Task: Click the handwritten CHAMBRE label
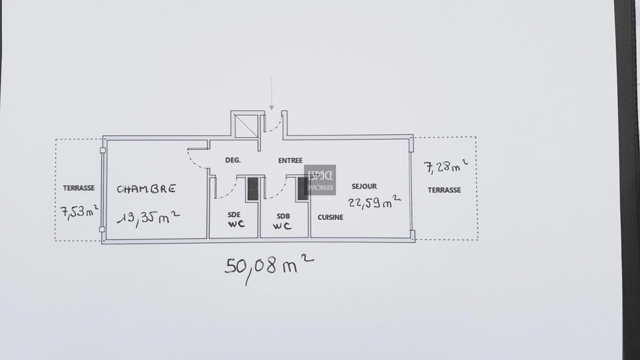tap(146, 189)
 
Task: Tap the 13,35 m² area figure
tap(149, 218)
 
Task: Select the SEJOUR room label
tap(364, 186)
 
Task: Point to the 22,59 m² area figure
tap(375, 202)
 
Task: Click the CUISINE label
tap(330, 217)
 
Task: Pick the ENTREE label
tap(290, 161)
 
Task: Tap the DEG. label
tap(233, 160)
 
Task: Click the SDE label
tap(234, 215)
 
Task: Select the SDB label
tap(283, 216)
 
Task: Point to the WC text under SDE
tap(236, 224)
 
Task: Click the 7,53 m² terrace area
tap(80, 212)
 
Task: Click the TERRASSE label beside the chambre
tap(79, 188)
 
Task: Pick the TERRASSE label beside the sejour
tap(444, 190)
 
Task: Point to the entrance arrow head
tap(272, 108)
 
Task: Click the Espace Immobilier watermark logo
tap(320, 180)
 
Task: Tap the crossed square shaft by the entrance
tap(246, 126)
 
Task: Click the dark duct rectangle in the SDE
tap(253, 189)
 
